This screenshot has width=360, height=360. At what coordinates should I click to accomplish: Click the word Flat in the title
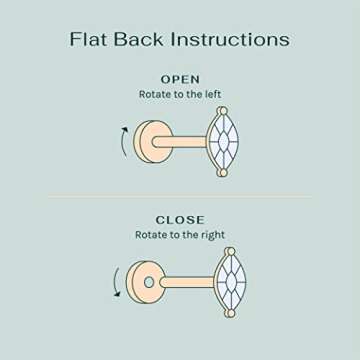(91, 40)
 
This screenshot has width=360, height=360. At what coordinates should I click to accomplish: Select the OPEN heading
(180, 79)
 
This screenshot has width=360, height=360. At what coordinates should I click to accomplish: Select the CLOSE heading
(180, 220)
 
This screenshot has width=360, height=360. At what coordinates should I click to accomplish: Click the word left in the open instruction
(209, 94)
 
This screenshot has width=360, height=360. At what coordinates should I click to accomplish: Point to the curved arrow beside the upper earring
(124, 140)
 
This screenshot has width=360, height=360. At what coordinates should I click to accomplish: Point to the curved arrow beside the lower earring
(117, 281)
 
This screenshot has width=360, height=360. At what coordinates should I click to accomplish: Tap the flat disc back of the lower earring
(148, 282)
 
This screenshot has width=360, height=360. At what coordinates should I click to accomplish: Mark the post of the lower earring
(188, 282)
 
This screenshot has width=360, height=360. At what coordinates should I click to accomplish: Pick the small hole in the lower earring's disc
(149, 282)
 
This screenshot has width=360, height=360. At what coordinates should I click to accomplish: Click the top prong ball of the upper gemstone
(222, 110)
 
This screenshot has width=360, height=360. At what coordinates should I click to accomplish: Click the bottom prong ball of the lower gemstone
(229, 313)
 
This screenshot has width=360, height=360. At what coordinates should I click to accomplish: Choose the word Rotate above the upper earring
(156, 94)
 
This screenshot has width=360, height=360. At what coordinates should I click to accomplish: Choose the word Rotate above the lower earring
(153, 235)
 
